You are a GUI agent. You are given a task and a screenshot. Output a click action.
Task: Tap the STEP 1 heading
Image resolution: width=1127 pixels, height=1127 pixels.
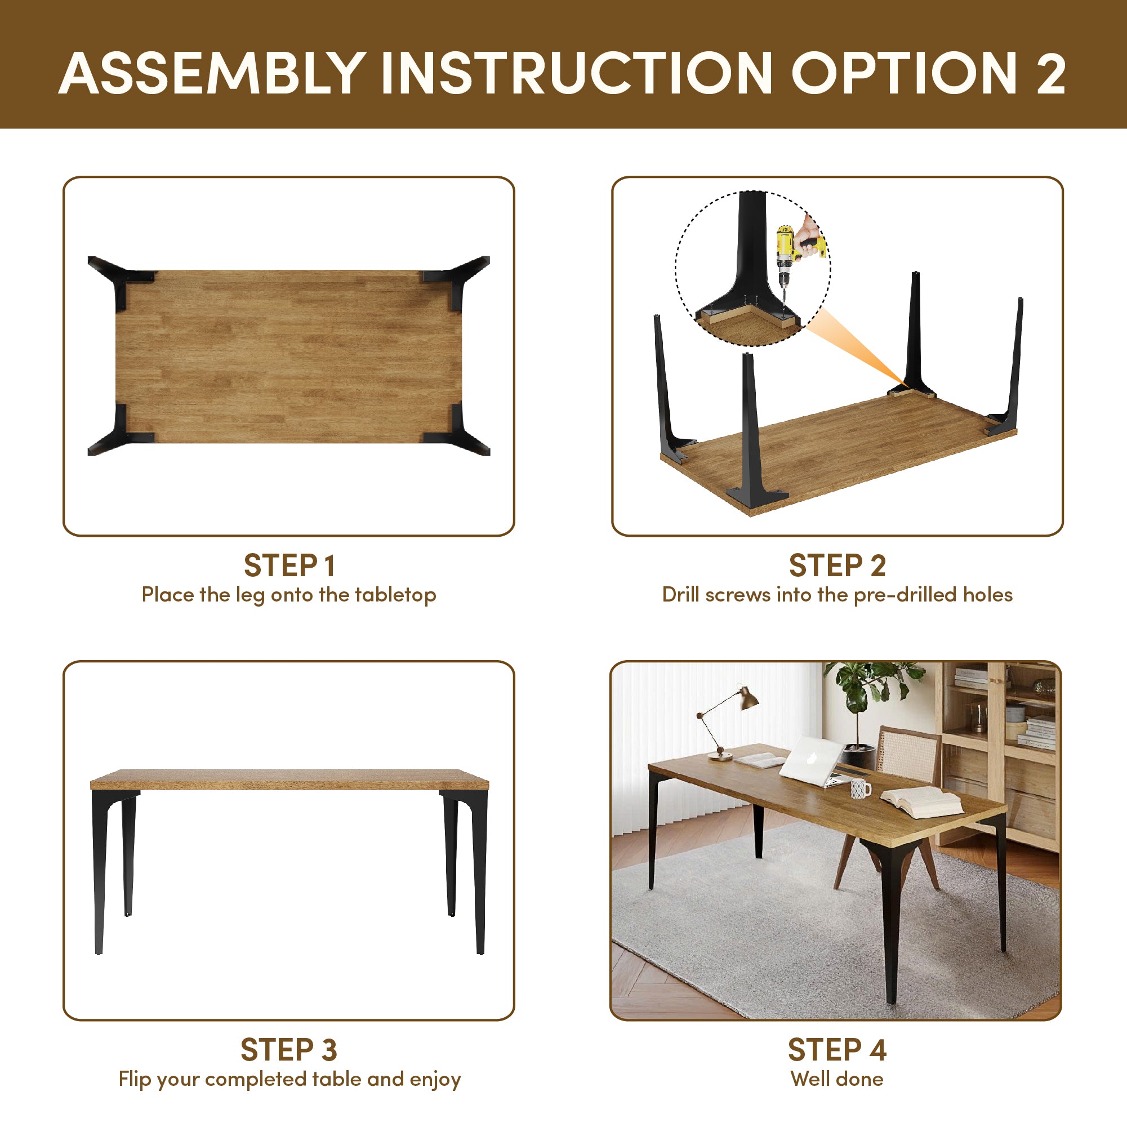(x=289, y=565)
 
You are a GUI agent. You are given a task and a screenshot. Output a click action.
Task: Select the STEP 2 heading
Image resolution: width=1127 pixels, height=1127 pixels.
(x=838, y=565)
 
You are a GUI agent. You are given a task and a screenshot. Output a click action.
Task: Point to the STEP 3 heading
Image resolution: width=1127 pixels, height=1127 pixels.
(x=289, y=1050)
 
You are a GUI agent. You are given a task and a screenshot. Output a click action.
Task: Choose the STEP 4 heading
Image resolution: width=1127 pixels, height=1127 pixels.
(x=838, y=1050)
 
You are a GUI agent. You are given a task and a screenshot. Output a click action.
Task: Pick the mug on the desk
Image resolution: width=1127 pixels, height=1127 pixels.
(x=861, y=789)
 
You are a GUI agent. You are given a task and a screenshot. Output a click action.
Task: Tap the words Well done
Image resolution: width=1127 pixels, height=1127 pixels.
(x=837, y=1079)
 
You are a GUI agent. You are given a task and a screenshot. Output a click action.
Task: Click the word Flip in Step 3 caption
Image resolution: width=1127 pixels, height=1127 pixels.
(x=135, y=1080)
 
